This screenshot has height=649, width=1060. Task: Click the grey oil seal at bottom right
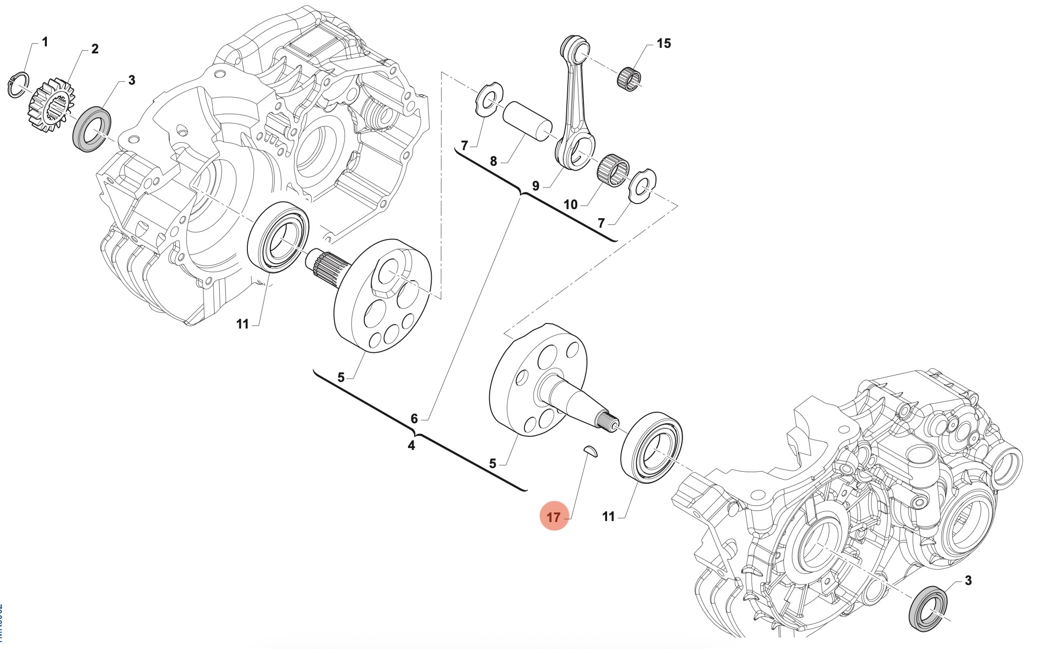[x=928, y=608]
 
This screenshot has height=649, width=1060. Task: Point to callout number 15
[x=664, y=44]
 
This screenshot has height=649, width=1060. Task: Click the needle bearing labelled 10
[x=613, y=170]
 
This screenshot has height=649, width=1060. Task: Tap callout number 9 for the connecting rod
[x=536, y=186]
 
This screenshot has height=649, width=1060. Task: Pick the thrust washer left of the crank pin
[x=489, y=99]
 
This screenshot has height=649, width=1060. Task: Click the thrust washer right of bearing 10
[x=643, y=186]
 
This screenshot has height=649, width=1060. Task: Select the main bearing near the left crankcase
[x=278, y=237]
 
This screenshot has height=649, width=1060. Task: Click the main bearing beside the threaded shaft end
[x=651, y=447]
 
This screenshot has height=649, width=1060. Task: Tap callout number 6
[x=414, y=418]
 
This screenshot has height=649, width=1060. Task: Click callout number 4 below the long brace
[x=411, y=445]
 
